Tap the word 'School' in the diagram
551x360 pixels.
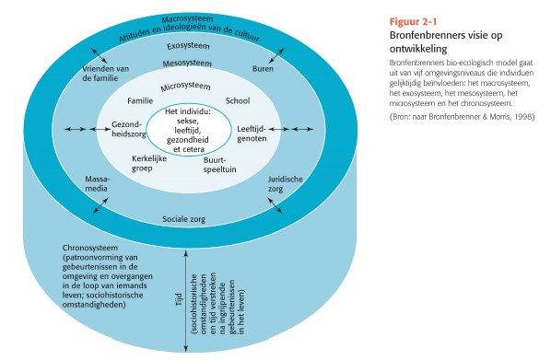pos(238,101)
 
